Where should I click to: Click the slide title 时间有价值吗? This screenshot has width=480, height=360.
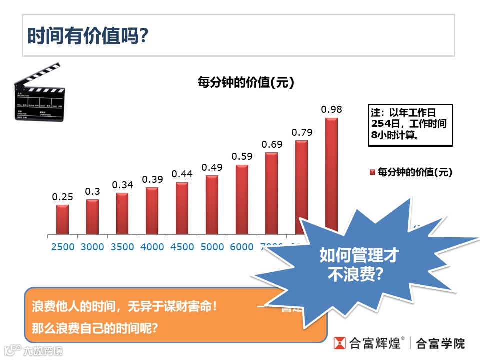tap(88, 36)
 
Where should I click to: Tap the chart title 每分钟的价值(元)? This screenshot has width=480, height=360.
tap(246, 82)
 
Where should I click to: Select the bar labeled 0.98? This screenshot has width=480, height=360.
tap(331, 170)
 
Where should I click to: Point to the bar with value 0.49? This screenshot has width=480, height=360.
tap(212, 205)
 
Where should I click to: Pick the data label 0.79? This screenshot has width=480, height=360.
tap(302, 132)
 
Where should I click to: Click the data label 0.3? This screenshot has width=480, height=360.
tap(92, 191)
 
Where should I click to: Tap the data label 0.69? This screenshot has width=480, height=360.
tap(272, 145)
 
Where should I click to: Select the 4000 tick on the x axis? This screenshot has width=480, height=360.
tap(152, 247)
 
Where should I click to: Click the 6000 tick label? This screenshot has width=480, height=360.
tap(242, 247)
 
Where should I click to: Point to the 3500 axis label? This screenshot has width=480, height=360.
tap(122, 247)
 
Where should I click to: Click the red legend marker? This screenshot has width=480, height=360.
tap(372, 172)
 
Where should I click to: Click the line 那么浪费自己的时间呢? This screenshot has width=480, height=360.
tap(95, 329)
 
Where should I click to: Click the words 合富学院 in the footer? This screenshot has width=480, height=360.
tap(440, 343)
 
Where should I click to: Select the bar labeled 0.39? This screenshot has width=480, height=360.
tap(152, 211)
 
